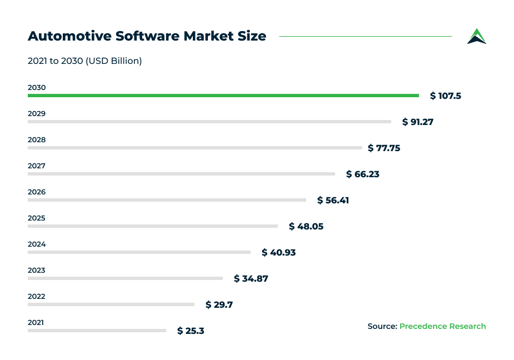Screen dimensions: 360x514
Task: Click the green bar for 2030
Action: pos(222,96)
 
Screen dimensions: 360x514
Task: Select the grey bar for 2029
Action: pos(209,122)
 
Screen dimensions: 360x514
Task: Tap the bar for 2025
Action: pos(152,226)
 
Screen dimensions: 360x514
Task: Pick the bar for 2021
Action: pos(97,331)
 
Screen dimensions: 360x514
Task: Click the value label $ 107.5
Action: pos(446,96)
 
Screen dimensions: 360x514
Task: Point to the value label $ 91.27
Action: pos(418,122)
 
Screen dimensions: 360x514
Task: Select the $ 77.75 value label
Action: pos(384,148)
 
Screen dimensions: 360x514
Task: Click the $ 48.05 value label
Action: pos(306,226)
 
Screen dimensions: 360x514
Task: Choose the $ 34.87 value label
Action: pos(251,278)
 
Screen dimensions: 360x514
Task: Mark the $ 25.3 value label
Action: pos(191,331)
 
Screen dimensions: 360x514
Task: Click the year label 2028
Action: pos(37,140)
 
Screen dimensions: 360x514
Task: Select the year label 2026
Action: pos(37,192)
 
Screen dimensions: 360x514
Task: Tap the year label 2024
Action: pos(37,244)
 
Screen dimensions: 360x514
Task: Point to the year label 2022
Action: pos(37,297)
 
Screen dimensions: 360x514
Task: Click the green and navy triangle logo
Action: pos(476,36)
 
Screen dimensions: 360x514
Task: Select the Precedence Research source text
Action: pos(442,326)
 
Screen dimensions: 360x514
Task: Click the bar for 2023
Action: pos(125,278)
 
